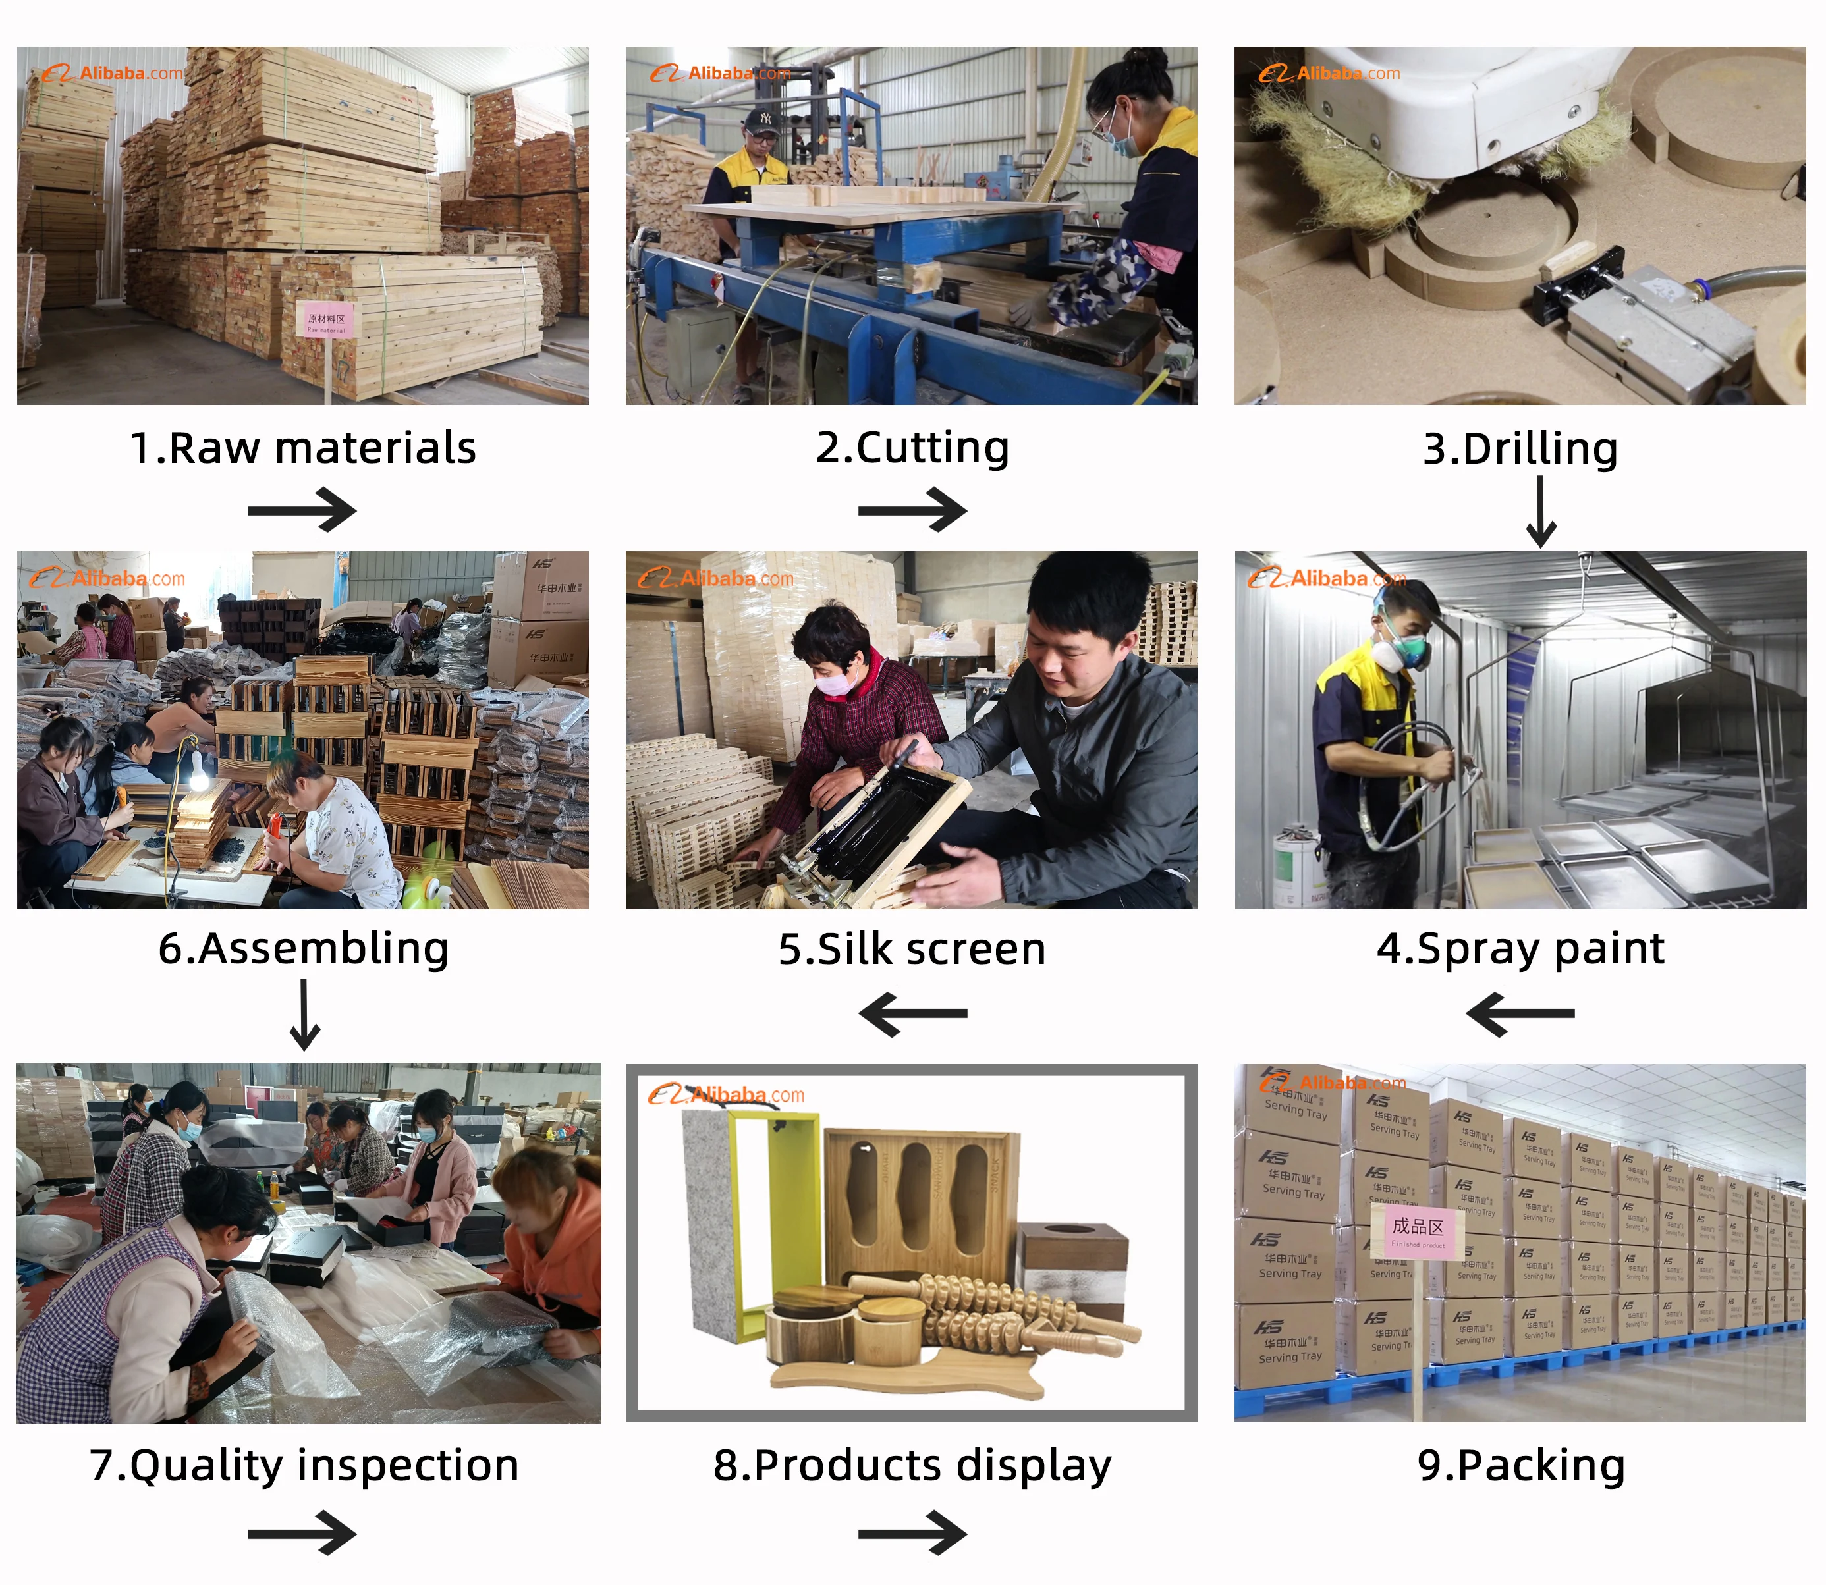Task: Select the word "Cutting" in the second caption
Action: [x=933, y=448]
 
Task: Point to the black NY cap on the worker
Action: [x=761, y=119]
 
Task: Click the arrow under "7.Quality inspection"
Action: [x=302, y=1533]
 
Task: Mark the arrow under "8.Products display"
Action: [x=912, y=1533]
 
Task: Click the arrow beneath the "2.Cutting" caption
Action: [x=912, y=510]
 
